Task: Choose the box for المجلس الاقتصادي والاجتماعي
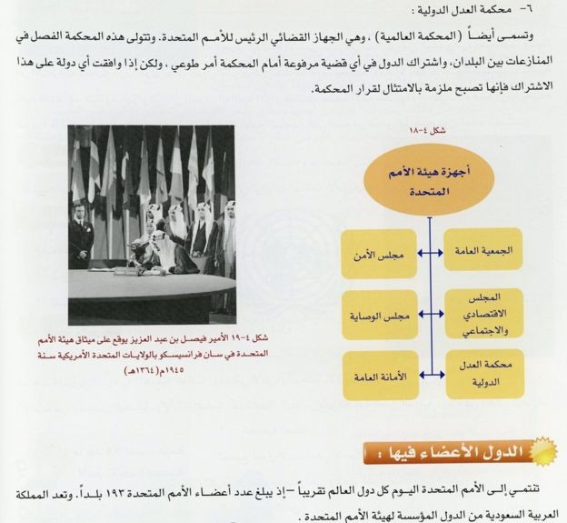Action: [x=482, y=314]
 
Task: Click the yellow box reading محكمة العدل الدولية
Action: [x=482, y=376]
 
